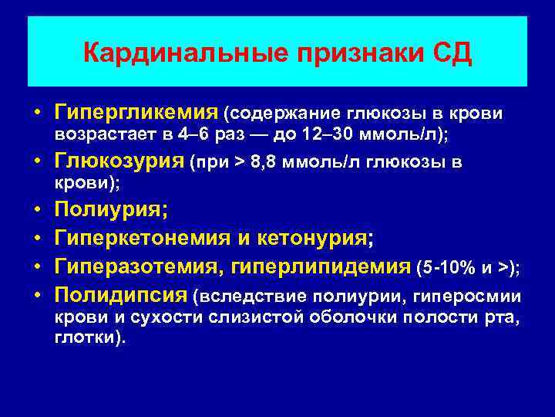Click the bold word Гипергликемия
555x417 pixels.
[x=136, y=114]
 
